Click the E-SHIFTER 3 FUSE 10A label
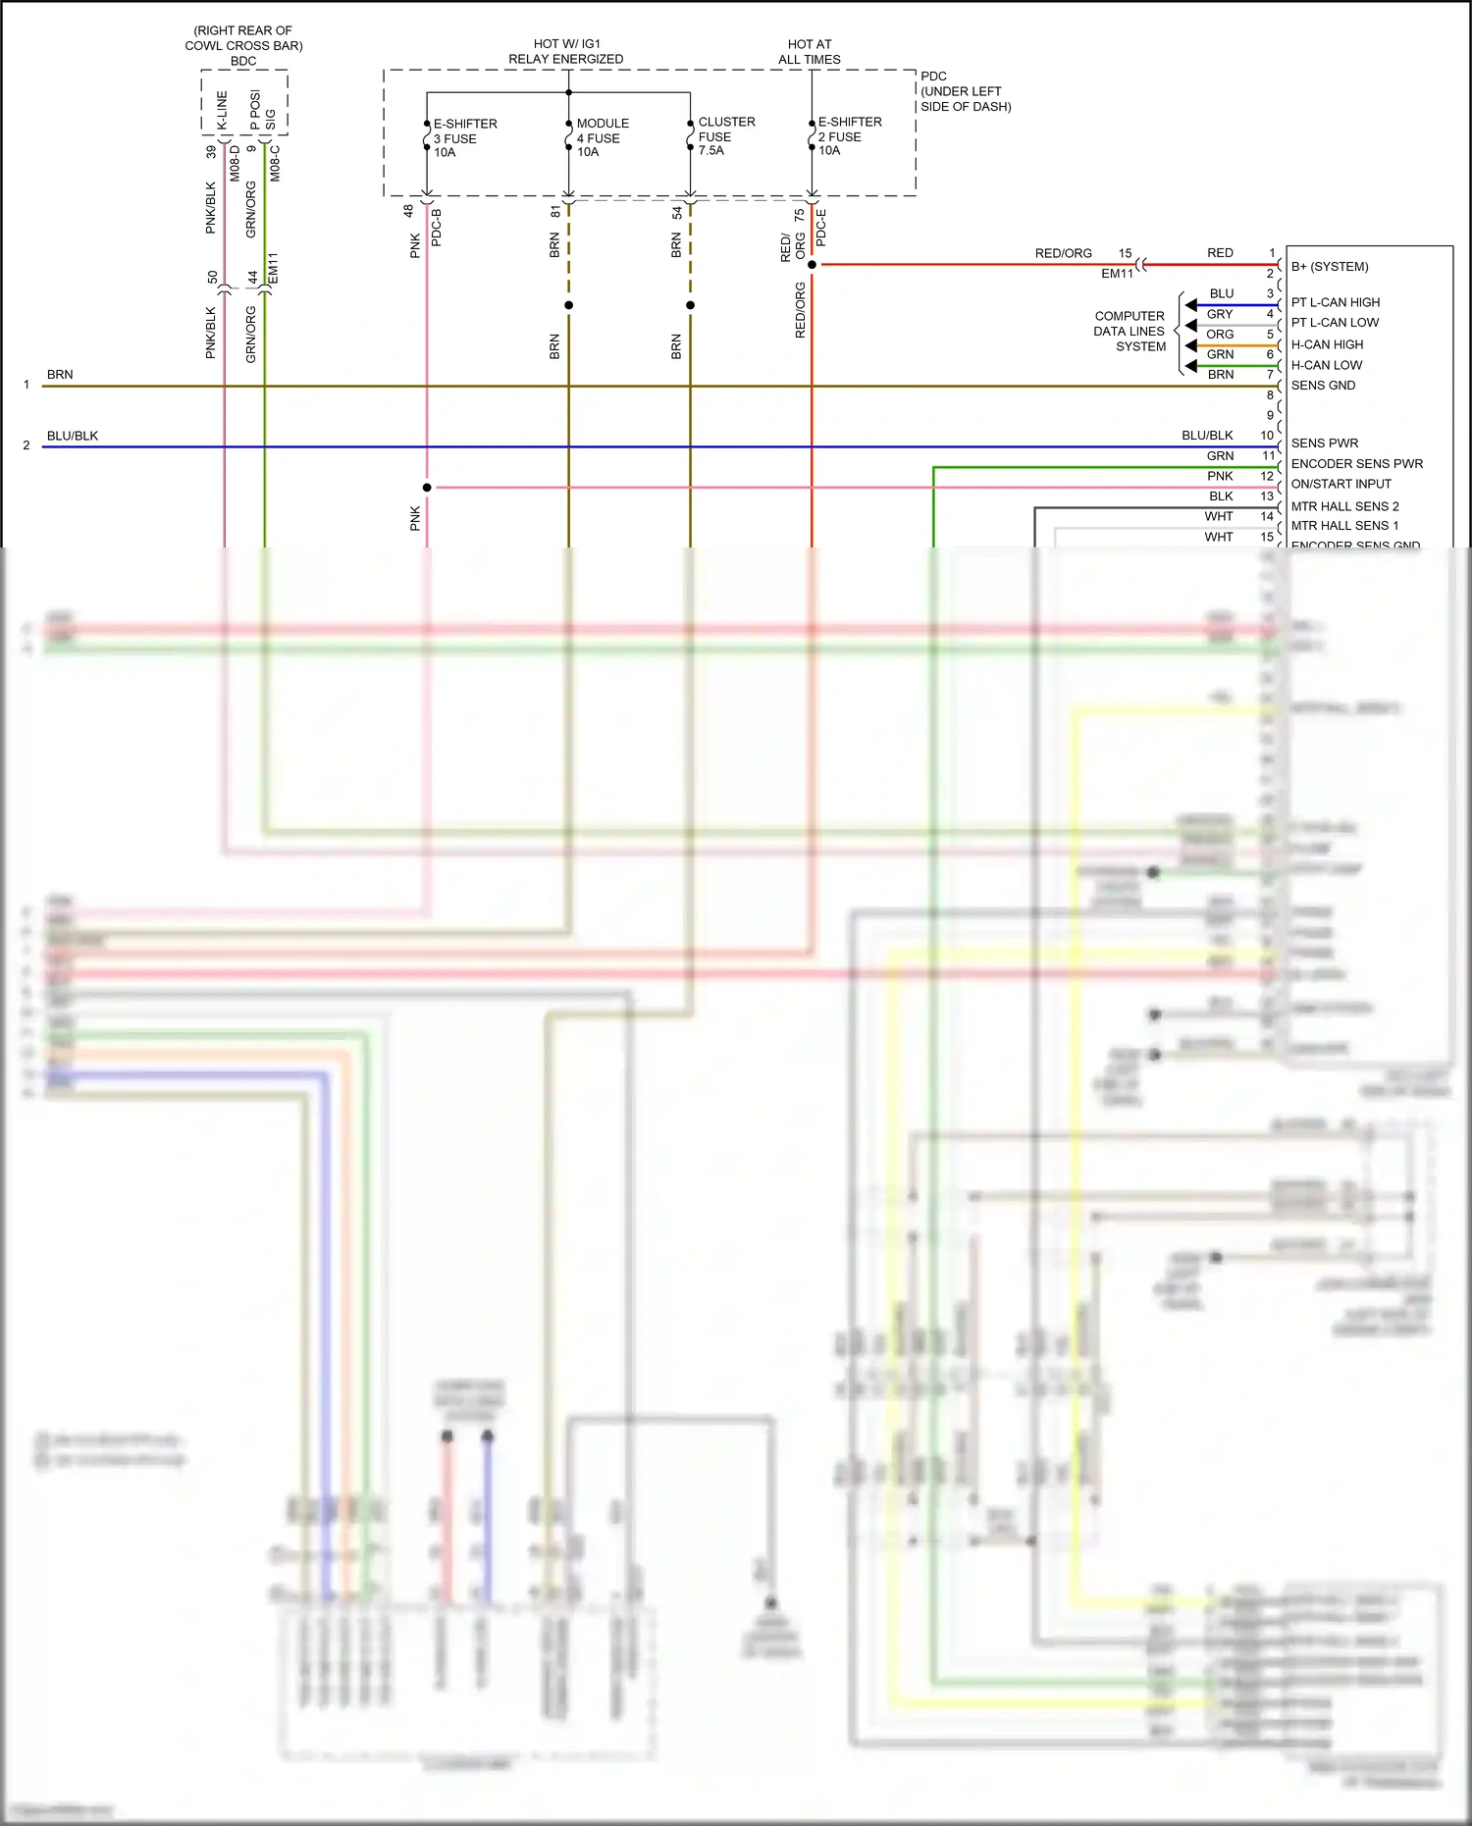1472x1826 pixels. click(464, 138)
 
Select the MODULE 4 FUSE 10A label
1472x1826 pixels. click(602, 137)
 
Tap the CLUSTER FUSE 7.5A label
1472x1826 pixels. click(725, 136)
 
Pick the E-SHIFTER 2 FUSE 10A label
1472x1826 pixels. click(849, 136)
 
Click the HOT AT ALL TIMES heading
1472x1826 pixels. click(810, 52)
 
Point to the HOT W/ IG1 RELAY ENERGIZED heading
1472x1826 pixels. click(566, 52)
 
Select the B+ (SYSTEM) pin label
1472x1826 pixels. click(1330, 267)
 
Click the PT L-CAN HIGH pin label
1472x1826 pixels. click(1335, 302)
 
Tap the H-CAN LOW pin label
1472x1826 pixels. click(1327, 365)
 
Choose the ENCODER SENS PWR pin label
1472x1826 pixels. click(1356, 464)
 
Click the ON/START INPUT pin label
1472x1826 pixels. click(1341, 484)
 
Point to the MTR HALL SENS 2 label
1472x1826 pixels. click(1344, 506)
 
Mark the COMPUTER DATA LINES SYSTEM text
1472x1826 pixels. click(1130, 332)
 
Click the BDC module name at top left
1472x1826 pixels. click(243, 61)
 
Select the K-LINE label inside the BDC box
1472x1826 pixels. click(222, 111)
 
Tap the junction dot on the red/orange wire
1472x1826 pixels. click(812, 265)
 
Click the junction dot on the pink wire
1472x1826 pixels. click(427, 488)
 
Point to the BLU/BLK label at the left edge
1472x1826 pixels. click(73, 436)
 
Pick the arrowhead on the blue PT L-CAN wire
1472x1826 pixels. click(1190, 305)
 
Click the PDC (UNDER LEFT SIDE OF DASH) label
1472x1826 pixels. click(965, 91)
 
